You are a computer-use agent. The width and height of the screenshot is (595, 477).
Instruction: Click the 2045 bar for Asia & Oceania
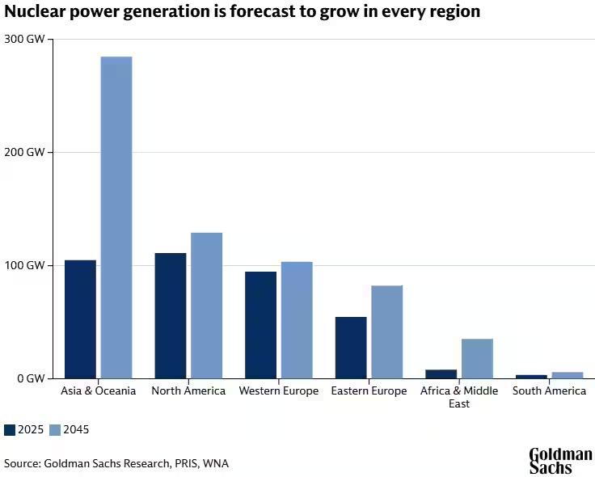coord(116,217)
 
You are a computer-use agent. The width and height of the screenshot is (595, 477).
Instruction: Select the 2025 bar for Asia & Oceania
coord(80,319)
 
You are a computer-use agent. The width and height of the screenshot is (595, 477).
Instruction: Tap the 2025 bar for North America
coord(171,315)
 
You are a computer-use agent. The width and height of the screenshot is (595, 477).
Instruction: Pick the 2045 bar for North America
coord(206,306)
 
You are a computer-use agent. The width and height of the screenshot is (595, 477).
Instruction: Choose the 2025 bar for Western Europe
coord(261,325)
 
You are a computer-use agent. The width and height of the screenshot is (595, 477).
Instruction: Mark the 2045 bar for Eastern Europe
coord(387,331)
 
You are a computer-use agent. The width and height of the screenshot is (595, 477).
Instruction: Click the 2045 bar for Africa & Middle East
coord(477,358)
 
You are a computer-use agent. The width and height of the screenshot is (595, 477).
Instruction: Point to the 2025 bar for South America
coord(531,376)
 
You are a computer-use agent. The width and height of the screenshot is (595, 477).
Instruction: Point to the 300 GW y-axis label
coord(24,40)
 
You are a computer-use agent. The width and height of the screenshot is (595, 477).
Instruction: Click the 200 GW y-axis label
coord(24,152)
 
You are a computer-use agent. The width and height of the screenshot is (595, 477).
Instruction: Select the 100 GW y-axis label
coord(24,265)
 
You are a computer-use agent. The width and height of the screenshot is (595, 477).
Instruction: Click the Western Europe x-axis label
coord(278,391)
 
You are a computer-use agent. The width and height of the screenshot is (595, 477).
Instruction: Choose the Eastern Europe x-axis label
coord(369,391)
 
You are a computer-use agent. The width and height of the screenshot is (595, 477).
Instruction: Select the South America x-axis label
coord(549,391)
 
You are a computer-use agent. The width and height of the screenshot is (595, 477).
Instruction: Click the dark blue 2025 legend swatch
coord(10,429)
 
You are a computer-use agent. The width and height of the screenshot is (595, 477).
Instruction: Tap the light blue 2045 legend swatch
coord(54,429)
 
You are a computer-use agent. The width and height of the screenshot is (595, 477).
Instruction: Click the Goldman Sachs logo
coord(560,460)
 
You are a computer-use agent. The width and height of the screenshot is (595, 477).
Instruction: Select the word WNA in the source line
coord(216,463)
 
